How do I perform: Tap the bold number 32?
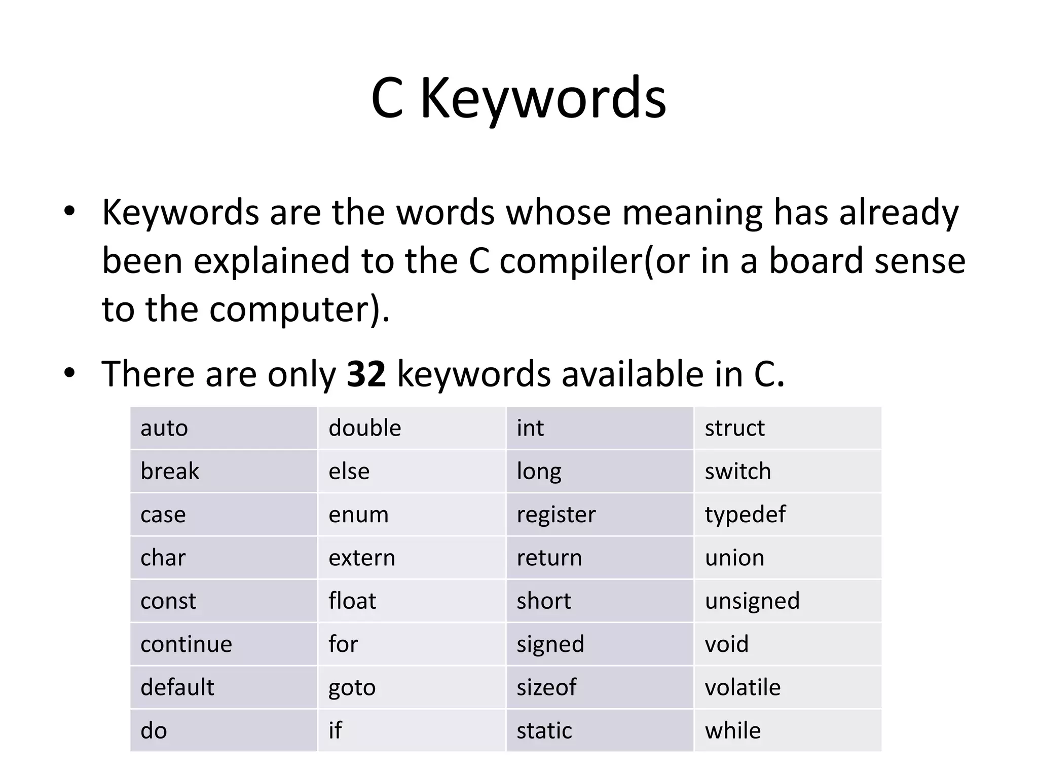click(366, 374)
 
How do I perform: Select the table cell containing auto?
click(224, 428)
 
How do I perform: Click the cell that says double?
click(412, 428)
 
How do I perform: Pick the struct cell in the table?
click(787, 428)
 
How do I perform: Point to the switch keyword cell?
click(787, 471)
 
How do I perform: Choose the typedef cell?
click(787, 515)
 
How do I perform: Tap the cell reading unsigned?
click(787, 601)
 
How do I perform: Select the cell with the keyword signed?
click(600, 644)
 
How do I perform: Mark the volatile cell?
click(787, 687)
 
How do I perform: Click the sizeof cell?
click(600, 687)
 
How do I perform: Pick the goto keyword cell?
click(412, 687)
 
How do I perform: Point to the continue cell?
click(224, 644)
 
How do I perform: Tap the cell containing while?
click(787, 730)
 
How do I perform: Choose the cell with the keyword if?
click(412, 730)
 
